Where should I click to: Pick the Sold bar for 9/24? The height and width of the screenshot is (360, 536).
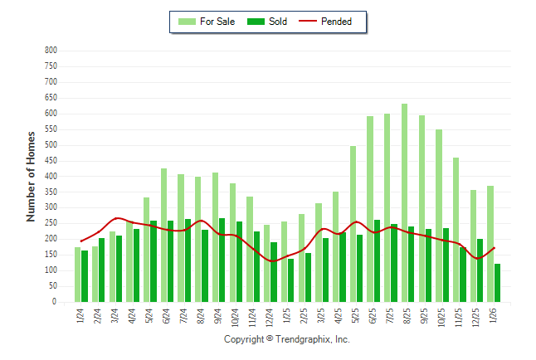[222, 260]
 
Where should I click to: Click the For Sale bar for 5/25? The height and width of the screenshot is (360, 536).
[353, 224]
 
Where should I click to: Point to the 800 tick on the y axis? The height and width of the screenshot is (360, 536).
[51, 51]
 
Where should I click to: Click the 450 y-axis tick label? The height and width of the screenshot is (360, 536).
[51, 161]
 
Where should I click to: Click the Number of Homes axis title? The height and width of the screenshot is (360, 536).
[32, 176]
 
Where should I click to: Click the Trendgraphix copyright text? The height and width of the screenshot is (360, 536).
[287, 339]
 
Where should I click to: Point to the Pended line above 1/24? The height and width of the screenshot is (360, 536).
[81, 241]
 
